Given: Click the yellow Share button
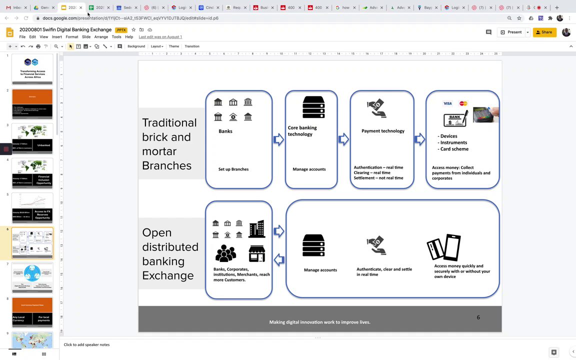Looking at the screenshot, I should click(x=544, y=32).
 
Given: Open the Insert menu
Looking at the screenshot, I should click(x=57, y=37).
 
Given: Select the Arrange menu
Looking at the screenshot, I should click(x=101, y=37).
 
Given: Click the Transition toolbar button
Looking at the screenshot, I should click(x=192, y=46).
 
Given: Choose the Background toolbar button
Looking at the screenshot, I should click(x=136, y=46).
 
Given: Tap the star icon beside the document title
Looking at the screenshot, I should click(x=133, y=30).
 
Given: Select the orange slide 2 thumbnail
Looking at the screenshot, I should click(x=32, y=103).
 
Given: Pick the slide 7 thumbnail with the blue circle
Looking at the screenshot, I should click(x=32, y=277).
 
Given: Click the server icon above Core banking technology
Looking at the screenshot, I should click(x=313, y=107).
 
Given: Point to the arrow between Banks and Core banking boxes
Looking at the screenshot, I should click(x=278, y=139).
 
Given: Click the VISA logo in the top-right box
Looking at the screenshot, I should click(x=447, y=103).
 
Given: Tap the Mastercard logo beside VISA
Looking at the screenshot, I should click(x=463, y=103).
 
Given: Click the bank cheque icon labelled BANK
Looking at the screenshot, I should click(x=455, y=119).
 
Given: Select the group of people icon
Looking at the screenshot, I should click(x=225, y=253).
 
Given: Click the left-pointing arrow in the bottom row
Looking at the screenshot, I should click(x=279, y=259).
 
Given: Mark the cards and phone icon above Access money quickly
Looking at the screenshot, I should click(x=443, y=247).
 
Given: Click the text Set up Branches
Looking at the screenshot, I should click(x=233, y=169).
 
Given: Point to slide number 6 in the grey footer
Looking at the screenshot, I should click(x=478, y=317).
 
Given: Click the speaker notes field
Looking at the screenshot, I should click(x=200, y=344).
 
